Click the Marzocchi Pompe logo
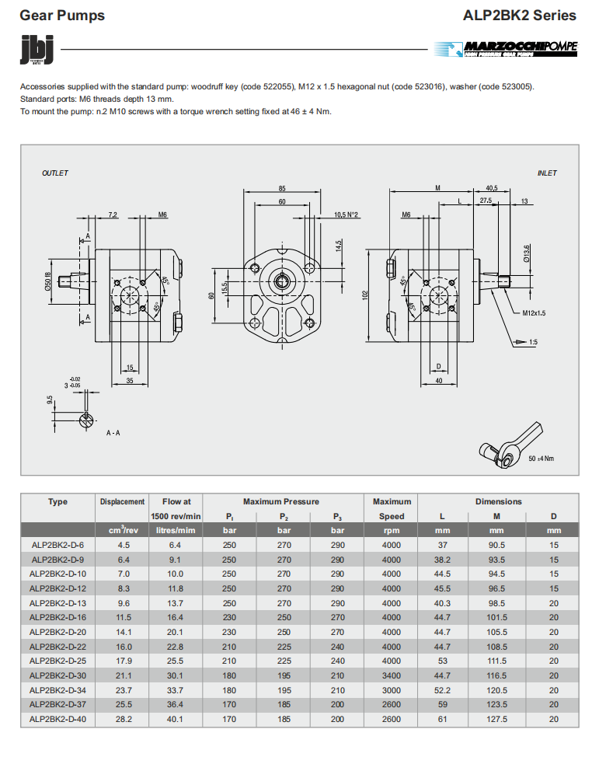point(506,49)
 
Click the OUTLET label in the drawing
point(55,173)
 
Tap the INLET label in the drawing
point(547,173)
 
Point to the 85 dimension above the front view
point(282,188)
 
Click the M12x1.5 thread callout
point(535,312)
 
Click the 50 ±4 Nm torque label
point(542,459)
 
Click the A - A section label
point(113,432)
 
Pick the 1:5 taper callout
point(533,342)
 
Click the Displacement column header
point(122,502)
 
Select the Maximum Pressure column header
point(280,502)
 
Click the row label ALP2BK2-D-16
point(57,618)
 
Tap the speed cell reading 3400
point(392,675)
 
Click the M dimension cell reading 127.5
point(496,719)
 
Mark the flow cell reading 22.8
point(176,647)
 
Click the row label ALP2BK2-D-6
point(57,546)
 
